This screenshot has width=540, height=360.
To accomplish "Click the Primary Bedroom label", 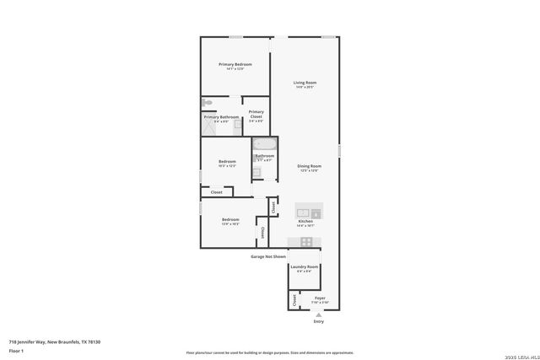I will tap(235, 64).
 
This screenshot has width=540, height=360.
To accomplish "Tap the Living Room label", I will tap(305, 83).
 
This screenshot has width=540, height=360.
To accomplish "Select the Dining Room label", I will tap(309, 166).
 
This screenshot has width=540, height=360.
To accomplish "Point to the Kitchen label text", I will tap(305, 222).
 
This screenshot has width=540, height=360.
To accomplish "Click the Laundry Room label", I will tap(302, 267).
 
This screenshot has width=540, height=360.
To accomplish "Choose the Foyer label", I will tap(320, 298).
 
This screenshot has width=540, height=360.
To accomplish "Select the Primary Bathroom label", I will tap(221, 117).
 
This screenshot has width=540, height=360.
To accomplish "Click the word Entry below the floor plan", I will tap(318, 321).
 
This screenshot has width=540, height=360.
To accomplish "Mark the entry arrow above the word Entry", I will tap(318, 314).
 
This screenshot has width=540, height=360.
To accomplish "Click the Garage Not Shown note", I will tap(267, 256).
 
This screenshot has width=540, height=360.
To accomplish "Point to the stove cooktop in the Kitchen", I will tap(306, 242).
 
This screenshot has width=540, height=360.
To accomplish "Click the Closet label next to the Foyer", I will tap(294, 299).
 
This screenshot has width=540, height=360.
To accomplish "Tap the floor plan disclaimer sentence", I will tap(270, 352).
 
